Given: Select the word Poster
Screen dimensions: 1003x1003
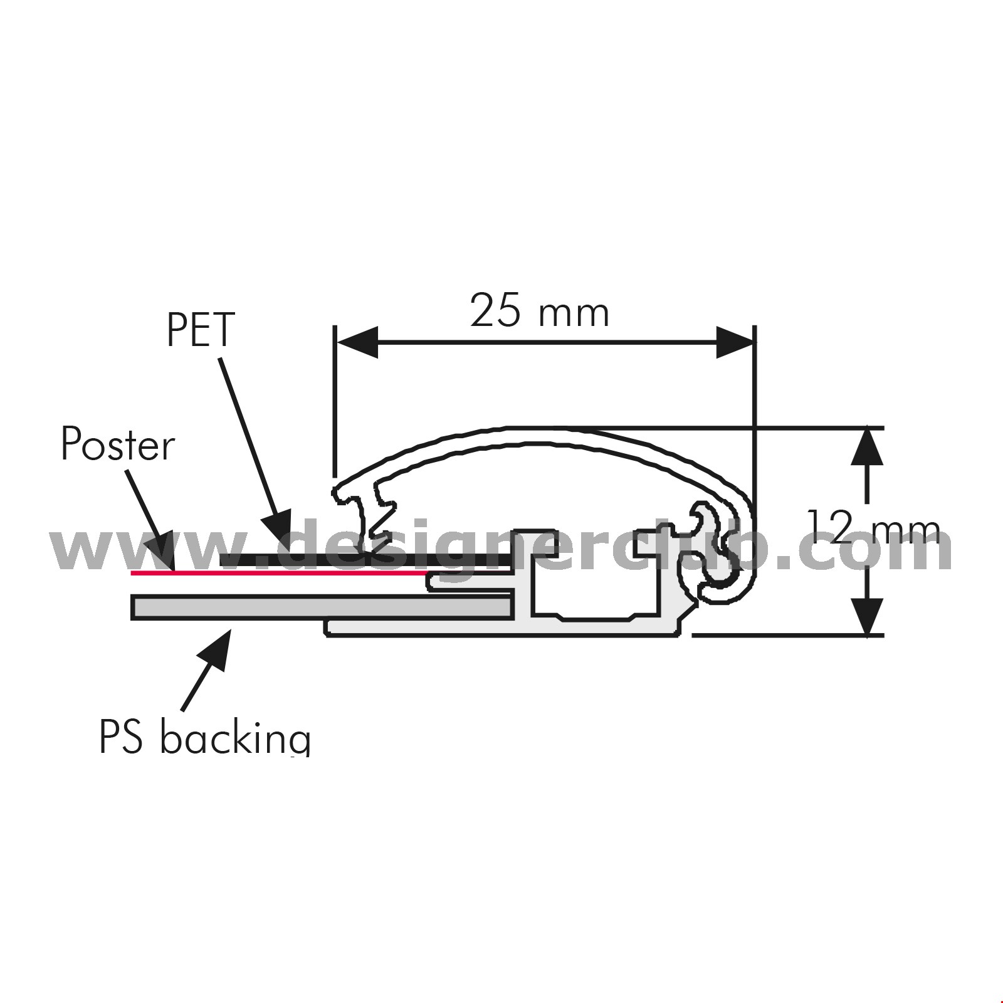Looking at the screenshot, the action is tap(118, 444).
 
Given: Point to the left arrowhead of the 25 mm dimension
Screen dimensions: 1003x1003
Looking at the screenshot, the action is tap(357, 342).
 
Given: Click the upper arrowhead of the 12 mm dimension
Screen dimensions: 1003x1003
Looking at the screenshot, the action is tap(868, 446).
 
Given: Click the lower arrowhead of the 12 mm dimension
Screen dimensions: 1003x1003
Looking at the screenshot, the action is tap(868, 617).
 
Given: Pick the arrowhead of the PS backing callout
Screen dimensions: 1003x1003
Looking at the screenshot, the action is tap(216, 649).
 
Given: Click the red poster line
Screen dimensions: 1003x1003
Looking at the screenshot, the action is tap(280, 572).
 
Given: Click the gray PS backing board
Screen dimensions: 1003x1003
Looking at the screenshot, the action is tap(322, 607).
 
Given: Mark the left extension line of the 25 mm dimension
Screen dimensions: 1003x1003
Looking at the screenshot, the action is tap(335, 401).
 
